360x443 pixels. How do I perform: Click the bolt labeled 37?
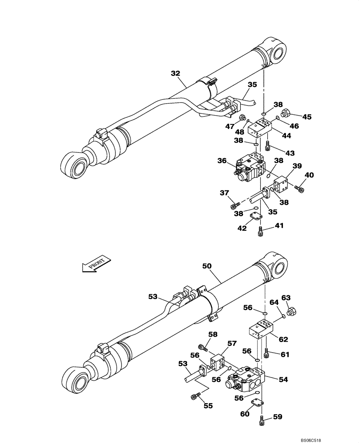(x=235, y=205)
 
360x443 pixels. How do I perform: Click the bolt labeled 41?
(x=261, y=230)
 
